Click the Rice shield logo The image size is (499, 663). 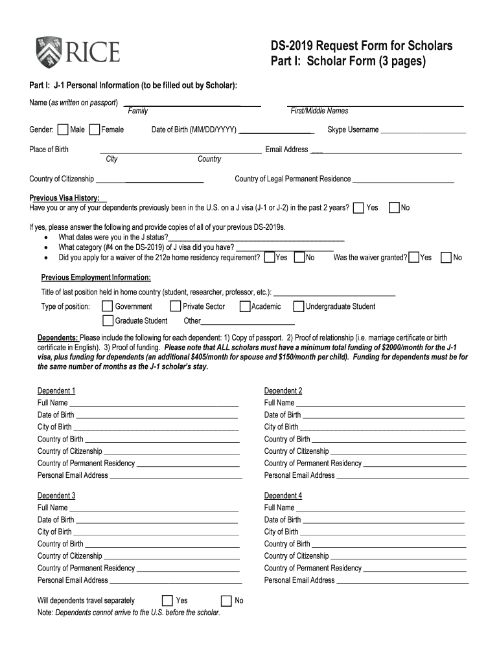[x=49, y=52]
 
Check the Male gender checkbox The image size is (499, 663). [x=63, y=130]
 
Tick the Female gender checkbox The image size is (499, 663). [x=95, y=130]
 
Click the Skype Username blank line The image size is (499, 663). [x=423, y=131]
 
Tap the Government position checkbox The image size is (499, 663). [x=108, y=306]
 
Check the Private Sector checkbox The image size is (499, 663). [x=175, y=306]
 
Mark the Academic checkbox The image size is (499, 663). [x=245, y=306]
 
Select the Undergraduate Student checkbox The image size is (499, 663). [x=299, y=306]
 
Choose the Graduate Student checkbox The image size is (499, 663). [x=108, y=320]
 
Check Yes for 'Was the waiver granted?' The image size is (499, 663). [x=414, y=258]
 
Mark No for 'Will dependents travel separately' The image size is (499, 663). [x=227, y=600]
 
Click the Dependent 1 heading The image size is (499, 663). [x=56, y=391]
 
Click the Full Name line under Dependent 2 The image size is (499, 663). [x=380, y=405]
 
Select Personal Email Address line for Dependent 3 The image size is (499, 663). [x=175, y=582]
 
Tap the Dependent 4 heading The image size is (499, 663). [x=283, y=496]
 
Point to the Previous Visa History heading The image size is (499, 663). [x=64, y=197]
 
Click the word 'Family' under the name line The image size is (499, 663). [x=137, y=111]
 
